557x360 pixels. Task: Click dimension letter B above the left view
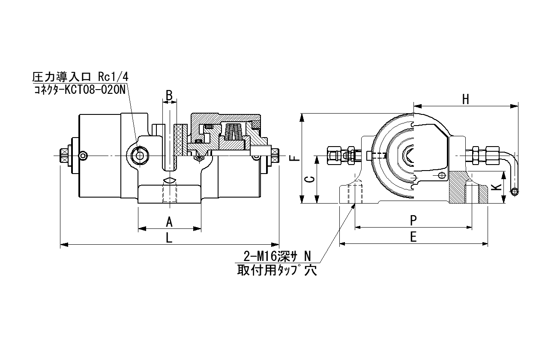(169, 95)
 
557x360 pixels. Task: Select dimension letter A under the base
(169, 222)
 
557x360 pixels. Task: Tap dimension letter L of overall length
(169, 238)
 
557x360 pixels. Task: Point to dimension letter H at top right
(465, 99)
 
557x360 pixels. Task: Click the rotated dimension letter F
(295, 158)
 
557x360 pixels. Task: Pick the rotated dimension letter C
(310, 180)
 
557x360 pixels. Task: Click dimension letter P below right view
(413, 220)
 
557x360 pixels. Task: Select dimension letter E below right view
(413, 237)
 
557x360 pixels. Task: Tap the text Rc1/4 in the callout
(113, 77)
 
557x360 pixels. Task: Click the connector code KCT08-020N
(95, 90)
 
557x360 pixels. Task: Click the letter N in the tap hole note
(307, 257)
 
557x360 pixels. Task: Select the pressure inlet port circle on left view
(140, 156)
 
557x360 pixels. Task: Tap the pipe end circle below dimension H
(514, 192)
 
